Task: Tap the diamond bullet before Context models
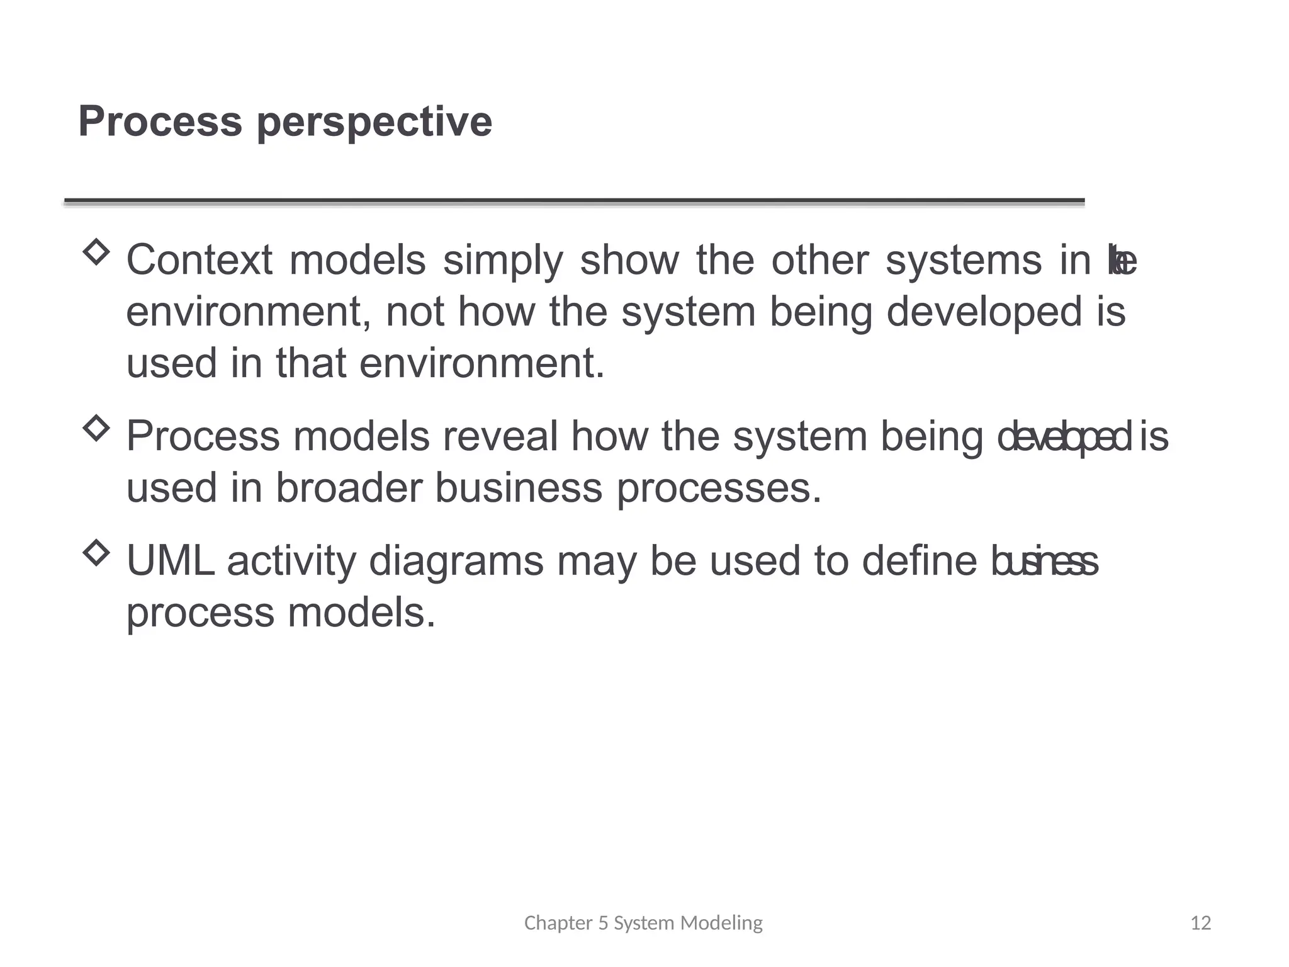(96, 252)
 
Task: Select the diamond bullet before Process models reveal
(96, 428)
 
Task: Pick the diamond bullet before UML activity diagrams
(96, 553)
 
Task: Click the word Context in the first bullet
(200, 260)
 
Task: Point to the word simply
(503, 261)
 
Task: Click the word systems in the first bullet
(964, 261)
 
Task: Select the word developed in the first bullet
(984, 313)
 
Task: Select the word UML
(170, 561)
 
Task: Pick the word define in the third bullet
(919, 561)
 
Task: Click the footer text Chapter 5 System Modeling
(643, 923)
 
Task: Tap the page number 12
(1201, 923)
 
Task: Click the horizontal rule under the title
(574, 201)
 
